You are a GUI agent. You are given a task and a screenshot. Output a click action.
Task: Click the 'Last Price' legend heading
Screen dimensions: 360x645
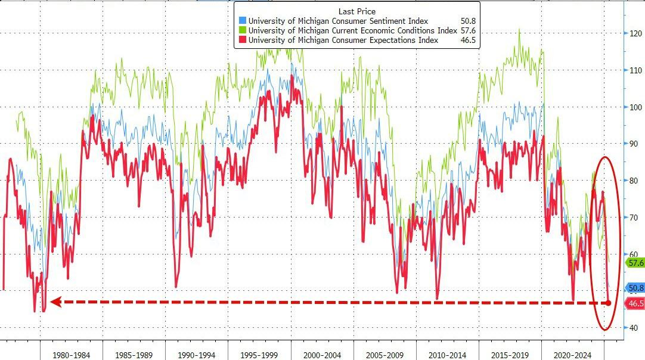[357, 11]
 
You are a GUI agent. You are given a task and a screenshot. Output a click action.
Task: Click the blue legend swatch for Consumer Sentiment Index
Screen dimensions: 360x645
[241, 21]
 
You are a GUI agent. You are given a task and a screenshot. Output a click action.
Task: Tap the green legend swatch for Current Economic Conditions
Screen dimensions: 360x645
[241, 30]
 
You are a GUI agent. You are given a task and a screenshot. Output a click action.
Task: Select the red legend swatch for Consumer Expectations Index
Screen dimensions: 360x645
[241, 40]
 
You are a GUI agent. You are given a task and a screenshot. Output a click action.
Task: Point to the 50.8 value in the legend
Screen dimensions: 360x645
[467, 21]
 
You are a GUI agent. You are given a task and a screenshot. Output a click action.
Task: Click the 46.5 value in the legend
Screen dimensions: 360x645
[467, 40]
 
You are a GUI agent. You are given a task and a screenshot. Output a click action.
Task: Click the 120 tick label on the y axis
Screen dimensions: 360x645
[636, 33]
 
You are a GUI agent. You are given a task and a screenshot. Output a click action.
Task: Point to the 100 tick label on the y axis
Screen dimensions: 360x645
[636, 107]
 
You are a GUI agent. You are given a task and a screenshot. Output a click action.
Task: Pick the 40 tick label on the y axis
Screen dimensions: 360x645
[634, 328]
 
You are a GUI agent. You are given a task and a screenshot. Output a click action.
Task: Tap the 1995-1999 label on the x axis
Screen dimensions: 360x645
[259, 355]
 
